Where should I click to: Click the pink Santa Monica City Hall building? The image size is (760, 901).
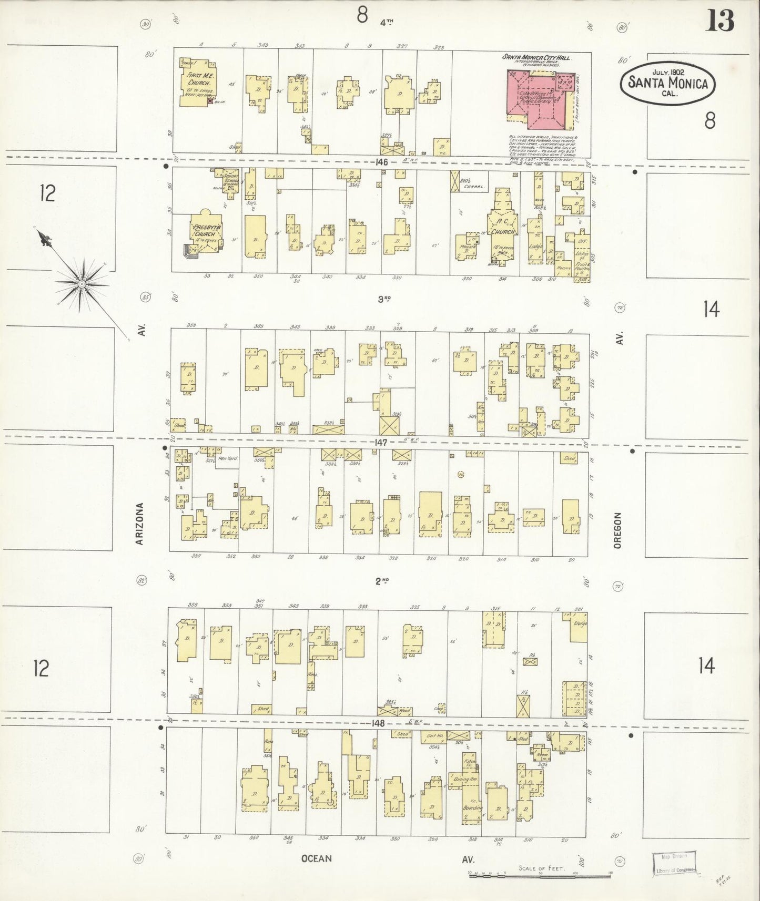click(x=536, y=97)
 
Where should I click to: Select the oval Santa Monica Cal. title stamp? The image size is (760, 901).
click(x=667, y=82)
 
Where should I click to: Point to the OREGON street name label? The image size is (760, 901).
click(x=617, y=531)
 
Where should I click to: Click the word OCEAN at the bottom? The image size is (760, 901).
click(x=317, y=859)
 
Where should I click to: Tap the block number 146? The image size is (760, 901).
click(x=381, y=162)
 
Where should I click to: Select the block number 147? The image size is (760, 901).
click(x=381, y=443)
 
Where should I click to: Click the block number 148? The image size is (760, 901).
click(x=378, y=723)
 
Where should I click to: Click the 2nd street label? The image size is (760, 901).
click(x=382, y=580)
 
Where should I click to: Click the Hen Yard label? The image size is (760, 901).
click(x=228, y=458)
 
